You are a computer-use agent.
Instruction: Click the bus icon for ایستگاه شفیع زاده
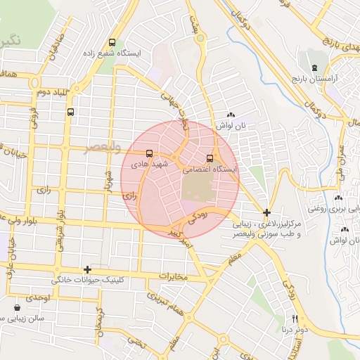113,42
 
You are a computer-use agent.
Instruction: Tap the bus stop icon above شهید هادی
149,153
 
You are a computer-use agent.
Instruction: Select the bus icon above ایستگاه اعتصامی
210,158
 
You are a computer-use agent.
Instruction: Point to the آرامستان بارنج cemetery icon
314,67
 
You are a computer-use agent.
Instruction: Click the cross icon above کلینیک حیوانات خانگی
87,269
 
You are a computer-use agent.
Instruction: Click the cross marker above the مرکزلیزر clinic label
266,212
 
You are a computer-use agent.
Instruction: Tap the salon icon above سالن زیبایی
17,307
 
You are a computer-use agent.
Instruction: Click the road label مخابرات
174,276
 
